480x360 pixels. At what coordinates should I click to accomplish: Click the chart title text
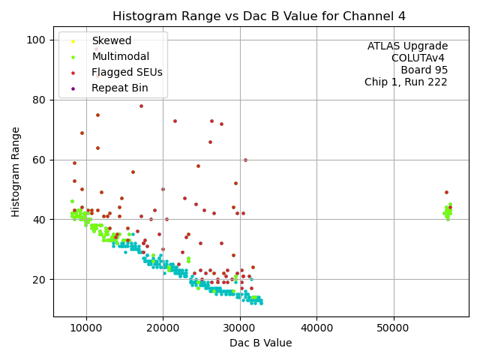click(x=260, y=16)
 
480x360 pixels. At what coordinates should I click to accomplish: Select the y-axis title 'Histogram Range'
click(x=16, y=172)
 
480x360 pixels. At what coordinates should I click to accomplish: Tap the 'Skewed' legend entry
click(x=111, y=40)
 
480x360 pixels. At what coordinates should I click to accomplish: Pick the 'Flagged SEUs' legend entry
click(x=127, y=72)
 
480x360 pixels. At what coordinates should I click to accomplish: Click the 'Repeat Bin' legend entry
click(x=120, y=88)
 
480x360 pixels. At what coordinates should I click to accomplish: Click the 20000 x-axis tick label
click(x=163, y=328)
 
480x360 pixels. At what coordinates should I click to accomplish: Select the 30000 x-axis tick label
click(x=239, y=328)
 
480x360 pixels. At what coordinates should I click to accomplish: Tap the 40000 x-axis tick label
click(x=316, y=328)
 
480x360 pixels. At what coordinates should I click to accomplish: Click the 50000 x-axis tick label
click(x=393, y=328)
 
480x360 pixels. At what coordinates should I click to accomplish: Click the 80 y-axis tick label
click(x=40, y=100)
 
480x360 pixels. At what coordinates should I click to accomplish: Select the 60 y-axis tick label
click(x=40, y=160)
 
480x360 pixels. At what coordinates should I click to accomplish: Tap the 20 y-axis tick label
click(x=40, y=280)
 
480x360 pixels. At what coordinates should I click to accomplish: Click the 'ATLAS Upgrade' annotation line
click(x=407, y=46)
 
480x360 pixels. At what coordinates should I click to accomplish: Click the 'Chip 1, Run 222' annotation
click(x=406, y=82)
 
